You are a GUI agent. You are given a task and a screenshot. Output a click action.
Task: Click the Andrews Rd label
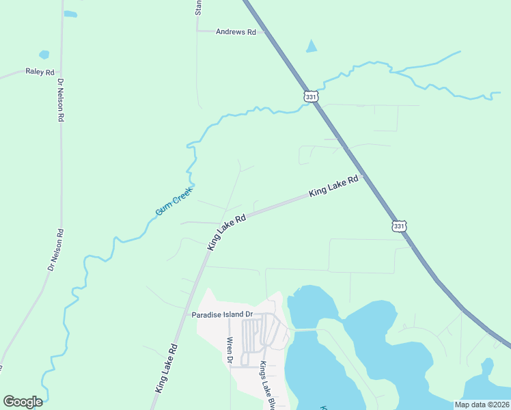click(x=235, y=32)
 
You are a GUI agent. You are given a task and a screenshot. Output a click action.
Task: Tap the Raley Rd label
click(x=40, y=72)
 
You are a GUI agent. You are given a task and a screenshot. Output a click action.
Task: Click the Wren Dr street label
click(x=230, y=351)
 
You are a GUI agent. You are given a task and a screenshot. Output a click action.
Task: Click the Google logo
click(x=23, y=402)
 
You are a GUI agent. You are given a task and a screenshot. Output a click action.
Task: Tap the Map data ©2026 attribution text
click(x=482, y=405)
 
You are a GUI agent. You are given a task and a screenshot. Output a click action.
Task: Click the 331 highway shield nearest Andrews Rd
click(x=311, y=97)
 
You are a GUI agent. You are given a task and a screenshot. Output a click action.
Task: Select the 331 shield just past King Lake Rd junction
click(x=399, y=225)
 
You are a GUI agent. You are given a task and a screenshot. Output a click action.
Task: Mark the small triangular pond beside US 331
click(x=312, y=46)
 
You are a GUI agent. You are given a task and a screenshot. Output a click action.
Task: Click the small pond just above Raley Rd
click(x=44, y=55)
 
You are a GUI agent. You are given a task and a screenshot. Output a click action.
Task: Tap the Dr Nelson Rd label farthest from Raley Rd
click(x=56, y=249)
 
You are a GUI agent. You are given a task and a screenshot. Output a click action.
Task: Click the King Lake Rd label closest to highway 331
click(x=334, y=187)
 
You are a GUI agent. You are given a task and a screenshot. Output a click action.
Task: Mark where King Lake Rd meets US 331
click(x=363, y=176)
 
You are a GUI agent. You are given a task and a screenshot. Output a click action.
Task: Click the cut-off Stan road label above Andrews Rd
click(x=198, y=8)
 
